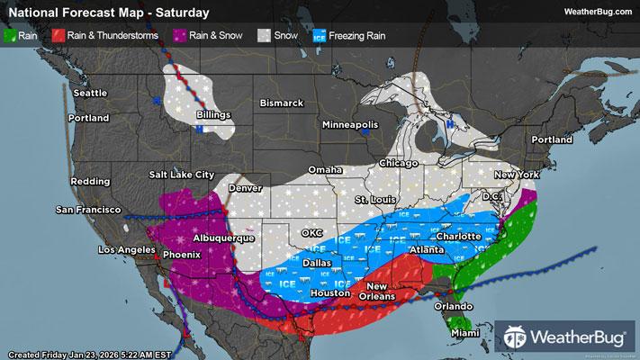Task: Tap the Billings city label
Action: tap(214, 115)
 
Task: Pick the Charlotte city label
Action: tap(461, 237)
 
